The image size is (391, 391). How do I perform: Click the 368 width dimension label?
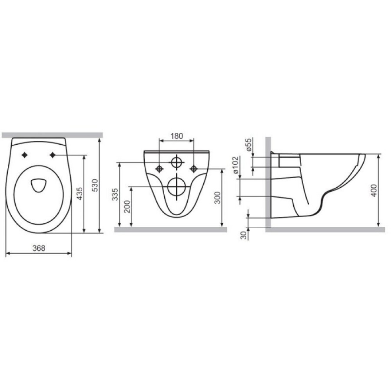click(x=39, y=249)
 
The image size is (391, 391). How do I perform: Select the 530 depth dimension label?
click(x=96, y=185)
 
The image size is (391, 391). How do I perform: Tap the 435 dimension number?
click(x=80, y=194)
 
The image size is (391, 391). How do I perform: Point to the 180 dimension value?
click(x=176, y=136)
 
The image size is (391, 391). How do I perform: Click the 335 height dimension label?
click(x=115, y=195)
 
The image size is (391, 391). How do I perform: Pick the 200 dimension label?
click(x=127, y=206)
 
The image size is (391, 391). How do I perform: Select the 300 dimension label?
click(x=218, y=198)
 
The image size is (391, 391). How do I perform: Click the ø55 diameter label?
click(x=249, y=146)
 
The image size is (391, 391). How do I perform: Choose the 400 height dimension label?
click(x=374, y=191)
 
